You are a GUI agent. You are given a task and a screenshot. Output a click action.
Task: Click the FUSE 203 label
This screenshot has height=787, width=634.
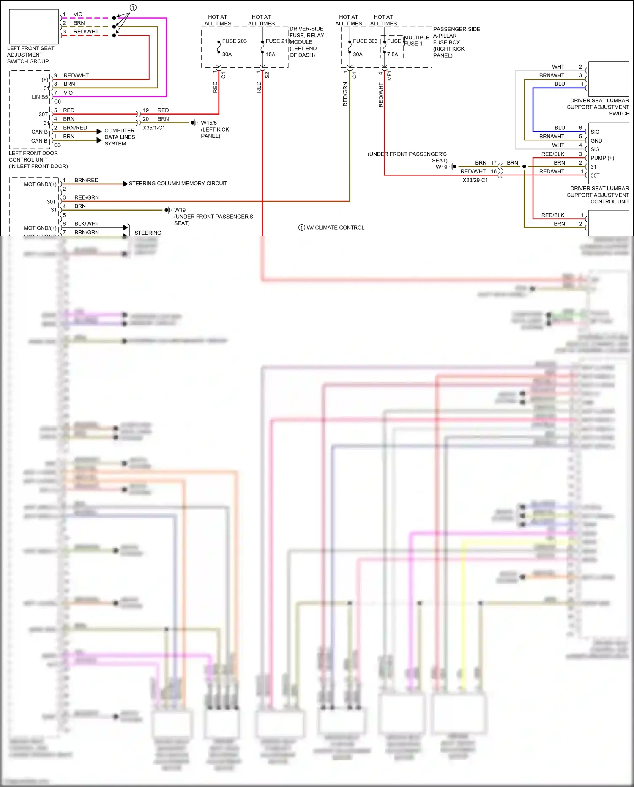pyautogui.click(x=234, y=41)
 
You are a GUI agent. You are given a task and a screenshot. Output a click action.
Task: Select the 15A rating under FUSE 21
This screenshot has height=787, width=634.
pyautogui.click(x=271, y=55)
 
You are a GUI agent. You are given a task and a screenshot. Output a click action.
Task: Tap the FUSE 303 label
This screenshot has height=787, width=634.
pyautogui.click(x=365, y=41)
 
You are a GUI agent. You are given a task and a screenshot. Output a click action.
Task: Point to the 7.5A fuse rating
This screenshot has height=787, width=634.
pyautogui.click(x=392, y=55)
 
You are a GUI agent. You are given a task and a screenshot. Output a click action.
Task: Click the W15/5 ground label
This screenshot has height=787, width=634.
pyautogui.click(x=209, y=123)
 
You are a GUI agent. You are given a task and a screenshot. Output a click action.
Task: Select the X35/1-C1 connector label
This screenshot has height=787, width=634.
pyautogui.click(x=154, y=128)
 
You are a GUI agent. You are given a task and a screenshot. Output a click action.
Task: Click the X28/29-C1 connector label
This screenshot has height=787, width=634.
pyautogui.click(x=475, y=180)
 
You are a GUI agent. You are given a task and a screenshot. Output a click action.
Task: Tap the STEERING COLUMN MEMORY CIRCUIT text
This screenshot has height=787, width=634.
pyautogui.click(x=178, y=184)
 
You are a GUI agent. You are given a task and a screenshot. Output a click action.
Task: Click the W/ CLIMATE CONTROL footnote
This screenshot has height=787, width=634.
pyautogui.click(x=335, y=228)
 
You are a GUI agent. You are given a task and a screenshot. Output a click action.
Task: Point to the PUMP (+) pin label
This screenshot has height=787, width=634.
pyautogui.click(x=602, y=158)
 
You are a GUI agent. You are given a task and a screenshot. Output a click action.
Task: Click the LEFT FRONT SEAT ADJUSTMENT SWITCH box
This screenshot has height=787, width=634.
pyautogui.click(x=33, y=27)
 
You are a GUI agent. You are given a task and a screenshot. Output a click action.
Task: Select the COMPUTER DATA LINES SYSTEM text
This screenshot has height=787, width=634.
pyautogui.click(x=120, y=137)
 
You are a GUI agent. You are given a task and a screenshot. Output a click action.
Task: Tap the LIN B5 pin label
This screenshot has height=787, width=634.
pyautogui.click(x=40, y=97)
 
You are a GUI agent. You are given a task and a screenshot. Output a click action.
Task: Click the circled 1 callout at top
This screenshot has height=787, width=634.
pyautogui.click(x=133, y=8)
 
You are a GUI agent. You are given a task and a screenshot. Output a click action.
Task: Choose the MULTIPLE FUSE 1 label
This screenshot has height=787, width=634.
pyautogui.click(x=416, y=40)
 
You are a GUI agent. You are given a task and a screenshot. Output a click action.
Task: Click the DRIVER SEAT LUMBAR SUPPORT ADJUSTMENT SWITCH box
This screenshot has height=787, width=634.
pyautogui.click(x=609, y=79)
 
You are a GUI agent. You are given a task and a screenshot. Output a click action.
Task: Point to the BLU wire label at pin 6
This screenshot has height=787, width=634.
pyautogui.click(x=560, y=128)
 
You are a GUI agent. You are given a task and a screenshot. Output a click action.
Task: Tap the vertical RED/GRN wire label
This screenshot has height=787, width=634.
pyautogui.click(x=345, y=94)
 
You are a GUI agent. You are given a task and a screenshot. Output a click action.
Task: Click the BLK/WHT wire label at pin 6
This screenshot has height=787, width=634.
pyautogui.click(x=86, y=224)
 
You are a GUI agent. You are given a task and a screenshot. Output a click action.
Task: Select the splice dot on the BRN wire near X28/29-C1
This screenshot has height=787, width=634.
pyautogui.click(x=524, y=167)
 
